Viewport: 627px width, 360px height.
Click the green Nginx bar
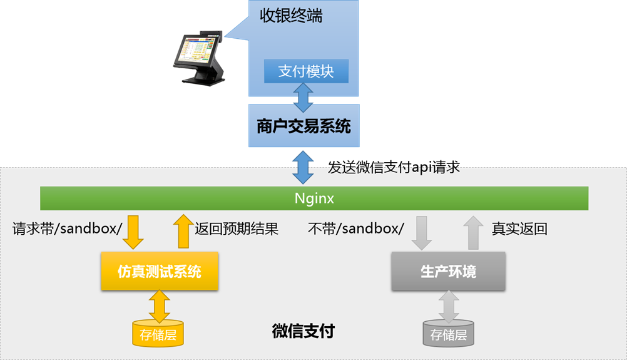(x=314, y=198)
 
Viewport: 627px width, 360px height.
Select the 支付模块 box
(x=306, y=71)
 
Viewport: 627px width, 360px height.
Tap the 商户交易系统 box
(x=303, y=126)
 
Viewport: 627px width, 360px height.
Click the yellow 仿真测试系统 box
(x=160, y=271)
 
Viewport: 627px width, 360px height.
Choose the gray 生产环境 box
(x=448, y=271)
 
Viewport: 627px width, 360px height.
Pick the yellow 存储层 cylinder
(x=158, y=334)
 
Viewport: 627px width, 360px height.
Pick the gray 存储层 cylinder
(x=448, y=334)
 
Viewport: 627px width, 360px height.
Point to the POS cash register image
(x=199, y=59)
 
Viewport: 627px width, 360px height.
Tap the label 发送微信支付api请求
(x=394, y=167)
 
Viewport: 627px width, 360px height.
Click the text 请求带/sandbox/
(x=67, y=229)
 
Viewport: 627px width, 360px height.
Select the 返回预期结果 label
(x=236, y=229)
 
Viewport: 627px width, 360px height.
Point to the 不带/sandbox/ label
(x=356, y=229)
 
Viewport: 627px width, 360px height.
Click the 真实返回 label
(x=519, y=229)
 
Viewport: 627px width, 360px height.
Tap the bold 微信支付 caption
(x=303, y=331)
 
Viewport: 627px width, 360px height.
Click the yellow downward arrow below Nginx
(x=133, y=232)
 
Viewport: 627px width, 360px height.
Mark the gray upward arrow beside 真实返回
(x=473, y=232)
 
